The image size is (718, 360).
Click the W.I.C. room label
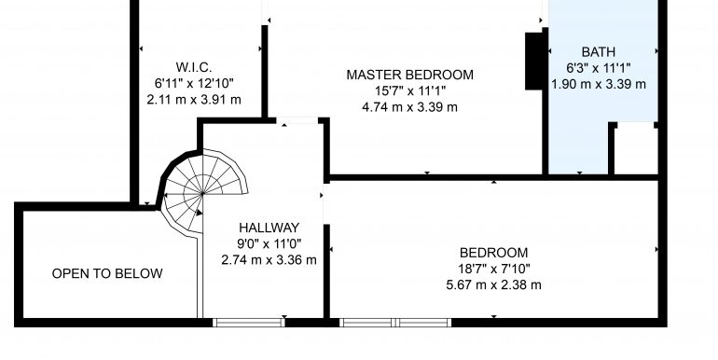click(x=194, y=67)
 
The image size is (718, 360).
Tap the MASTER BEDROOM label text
click(x=410, y=75)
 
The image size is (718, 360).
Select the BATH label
click(x=599, y=51)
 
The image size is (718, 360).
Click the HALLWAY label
click(x=269, y=228)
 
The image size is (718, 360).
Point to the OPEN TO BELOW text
click(x=107, y=273)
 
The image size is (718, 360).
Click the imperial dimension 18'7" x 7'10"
click(x=494, y=269)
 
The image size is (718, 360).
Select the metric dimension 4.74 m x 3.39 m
click(x=410, y=107)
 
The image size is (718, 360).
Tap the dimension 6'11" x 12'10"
click(x=194, y=83)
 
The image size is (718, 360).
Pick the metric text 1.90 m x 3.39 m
click(x=599, y=84)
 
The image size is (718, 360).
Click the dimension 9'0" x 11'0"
click(x=269, y=243)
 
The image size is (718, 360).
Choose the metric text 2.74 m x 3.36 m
click(x=269, y=260)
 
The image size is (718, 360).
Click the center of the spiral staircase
click(x=202, y=194)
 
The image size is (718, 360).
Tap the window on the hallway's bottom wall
click(x=249, y=323)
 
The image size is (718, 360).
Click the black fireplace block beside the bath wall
click(x=534, y=61)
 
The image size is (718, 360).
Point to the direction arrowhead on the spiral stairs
click(x=199, y=213)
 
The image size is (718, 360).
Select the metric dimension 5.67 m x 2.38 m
click(x=494, y=284)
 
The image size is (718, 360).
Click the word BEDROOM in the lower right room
click(x=494, y=253)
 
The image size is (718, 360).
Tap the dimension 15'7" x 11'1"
click(x=410, y=90)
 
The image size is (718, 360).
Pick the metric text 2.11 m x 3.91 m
click(x=194, y=100)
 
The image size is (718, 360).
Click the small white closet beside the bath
click(x=636, y=149)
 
